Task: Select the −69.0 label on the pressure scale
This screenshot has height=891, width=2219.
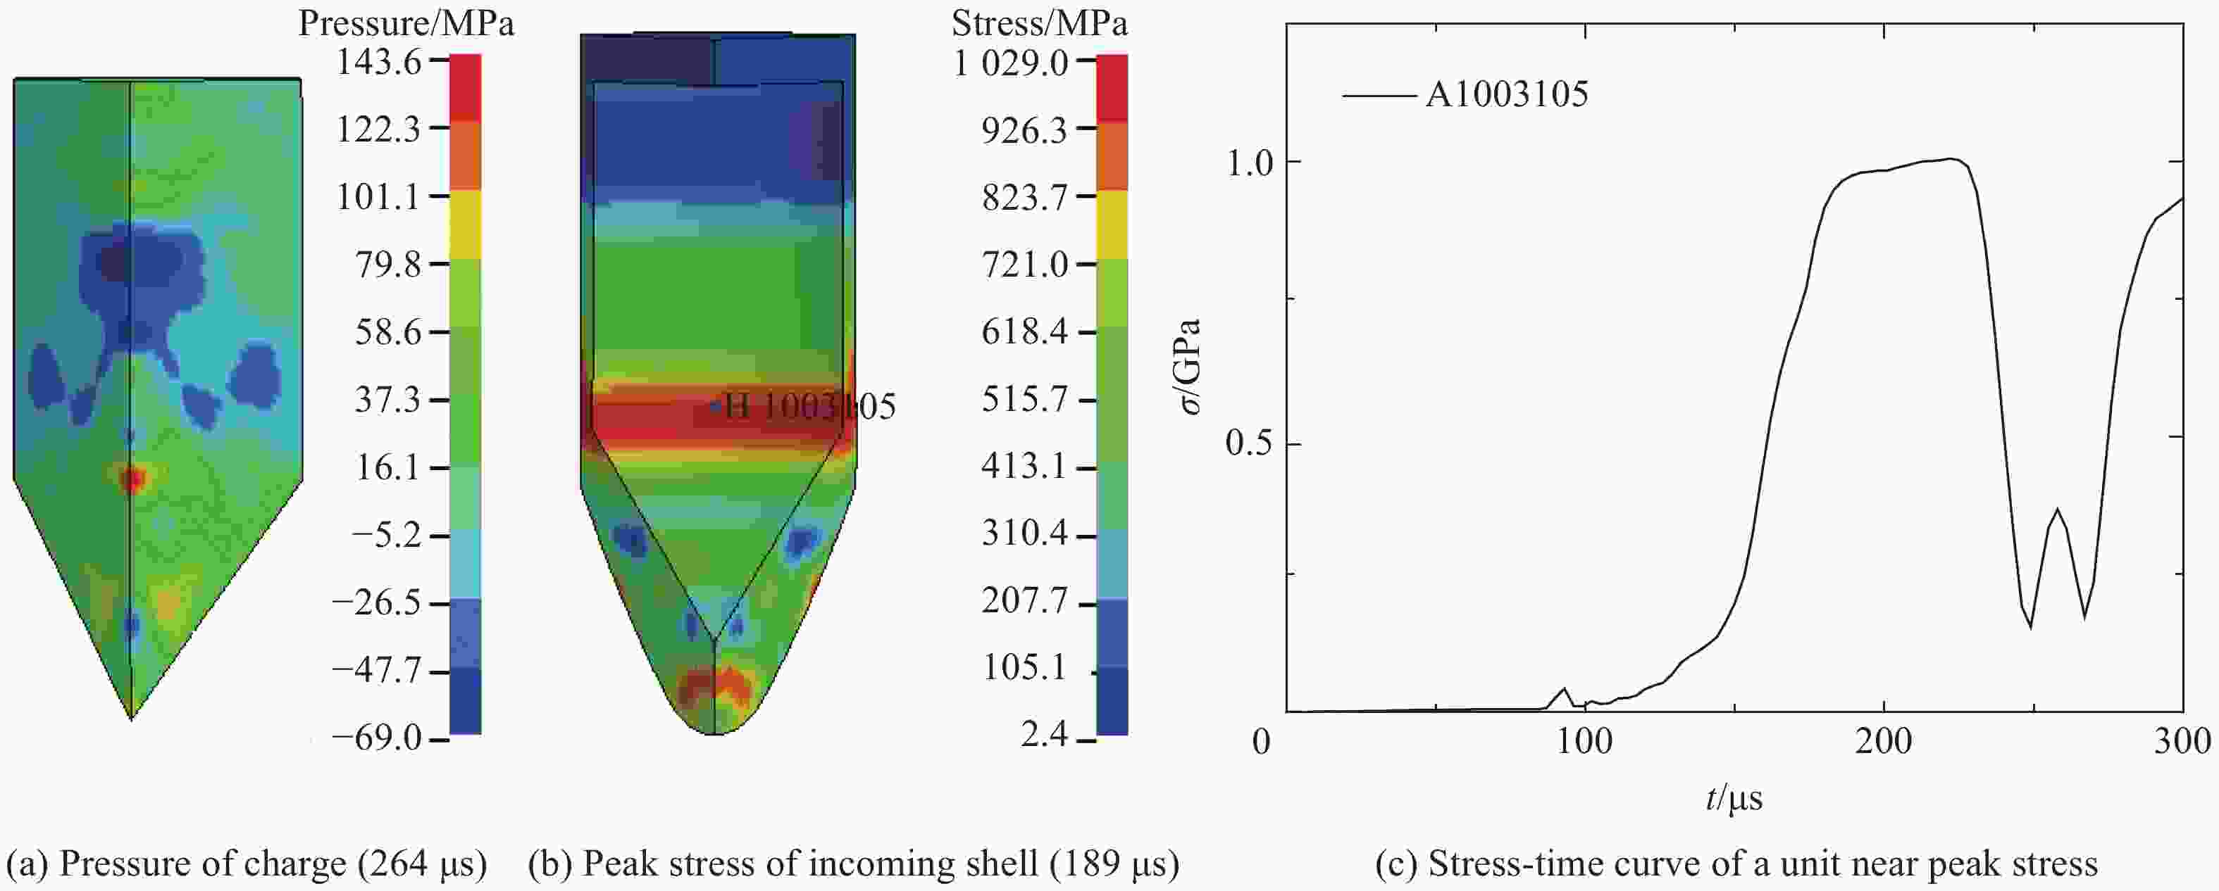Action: pyautogui.click(x=378, y=738)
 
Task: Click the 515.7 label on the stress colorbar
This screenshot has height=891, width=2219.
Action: pyautogui.click(x=1024, y=400)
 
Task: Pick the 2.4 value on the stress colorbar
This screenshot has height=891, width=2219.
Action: pyautogui.click(x=1044, y=734)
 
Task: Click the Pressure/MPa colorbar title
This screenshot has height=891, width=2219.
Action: pyautogui.click(x=406, y=23)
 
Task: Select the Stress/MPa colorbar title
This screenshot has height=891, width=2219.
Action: pyautogui.click(x=1039, y=23)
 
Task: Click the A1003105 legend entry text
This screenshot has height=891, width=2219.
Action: pyautogui.click(x=1507, y=94)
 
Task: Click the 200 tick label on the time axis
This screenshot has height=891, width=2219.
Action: pyautogui.click(x=1884, y=741)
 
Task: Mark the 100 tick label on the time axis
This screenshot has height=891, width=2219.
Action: pyautogui.click(x=1585, y=741)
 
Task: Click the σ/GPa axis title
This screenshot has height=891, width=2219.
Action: pyautogui.click(x=1190, y=366)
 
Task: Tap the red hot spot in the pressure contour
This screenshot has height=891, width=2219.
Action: pyautogui.click(x=131, y=479)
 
